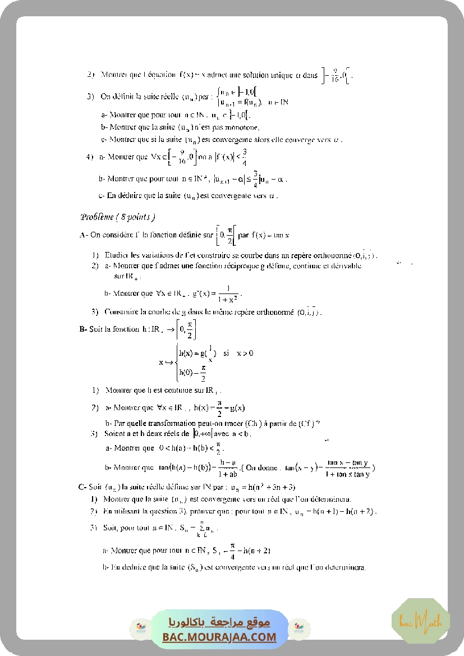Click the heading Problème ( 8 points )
(x=117, y=217)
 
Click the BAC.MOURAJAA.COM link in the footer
(x=219, y=637)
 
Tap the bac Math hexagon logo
(x=420, y=621)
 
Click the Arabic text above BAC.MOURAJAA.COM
(x=219, y=622)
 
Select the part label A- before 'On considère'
(x=84, y=235)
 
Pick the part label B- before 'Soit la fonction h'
(x=83, y=329)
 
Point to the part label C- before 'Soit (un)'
(x=82, y=487)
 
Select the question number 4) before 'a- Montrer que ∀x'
(x=90, y=157)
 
